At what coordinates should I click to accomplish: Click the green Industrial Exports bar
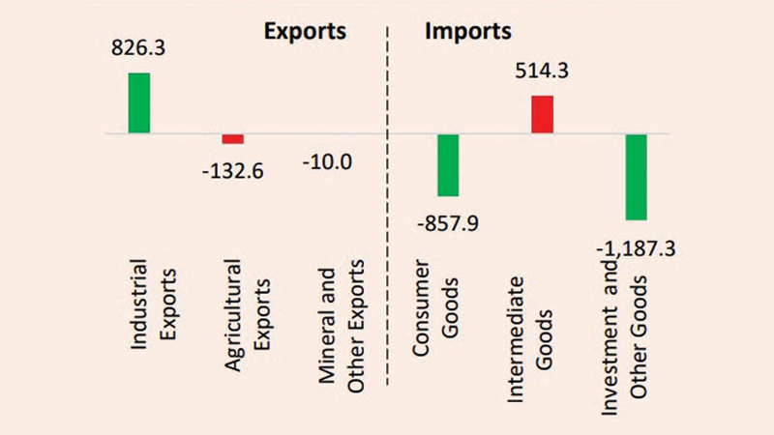[139, 102]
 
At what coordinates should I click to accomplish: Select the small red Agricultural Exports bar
[233, 138]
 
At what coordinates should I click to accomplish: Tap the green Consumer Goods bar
[448, 165]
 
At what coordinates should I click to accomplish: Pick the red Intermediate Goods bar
[542, 114]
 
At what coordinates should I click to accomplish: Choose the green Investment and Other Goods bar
[636, 177]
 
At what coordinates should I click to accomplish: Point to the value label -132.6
[232, 171]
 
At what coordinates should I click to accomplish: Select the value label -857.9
[446, 224]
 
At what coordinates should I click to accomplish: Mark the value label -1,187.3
[637, 248]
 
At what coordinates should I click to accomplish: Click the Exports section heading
[307, 31]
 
